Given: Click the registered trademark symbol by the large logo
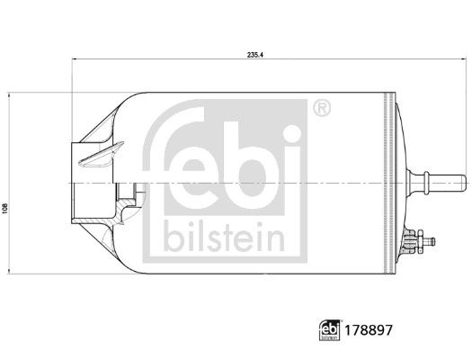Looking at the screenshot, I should (321, 109).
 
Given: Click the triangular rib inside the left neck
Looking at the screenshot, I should (94, 160).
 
